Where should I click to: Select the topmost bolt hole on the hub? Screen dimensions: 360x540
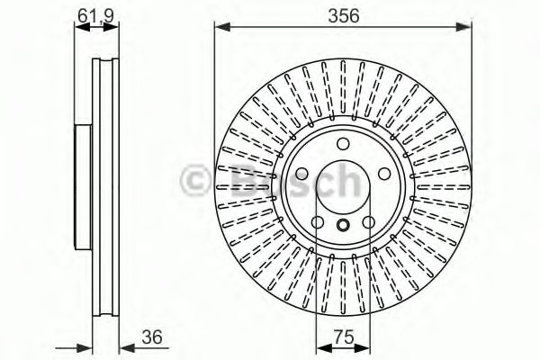pyautogui.click(x=343, y=147)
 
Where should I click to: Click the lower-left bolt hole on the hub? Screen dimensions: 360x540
pyautogui.click(x=317, y=221)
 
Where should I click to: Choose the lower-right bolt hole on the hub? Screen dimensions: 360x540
pyautogui.click(x=369, y=221)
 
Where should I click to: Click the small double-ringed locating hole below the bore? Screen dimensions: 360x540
pyautogui.click(x=343, y=228)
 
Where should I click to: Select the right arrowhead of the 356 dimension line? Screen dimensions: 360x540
pyautogui.click(x=465, y=28)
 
